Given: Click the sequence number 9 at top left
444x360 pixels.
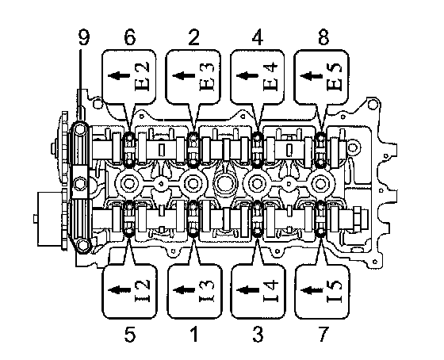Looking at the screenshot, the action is tap(83, 38).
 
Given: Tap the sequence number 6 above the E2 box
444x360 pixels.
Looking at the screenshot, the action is tap(130, 38).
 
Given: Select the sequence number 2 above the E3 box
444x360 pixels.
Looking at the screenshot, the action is tap(193, 38).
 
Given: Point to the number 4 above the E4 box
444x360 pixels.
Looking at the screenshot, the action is tap(258, 38).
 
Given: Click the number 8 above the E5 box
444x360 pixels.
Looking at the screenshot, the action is tap(323, 38).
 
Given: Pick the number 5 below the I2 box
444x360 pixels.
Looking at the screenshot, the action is tap(130, 335).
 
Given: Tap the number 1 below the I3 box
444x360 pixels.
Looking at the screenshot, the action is tap(194, 335).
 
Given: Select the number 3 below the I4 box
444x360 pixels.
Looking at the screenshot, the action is tap(258, 335).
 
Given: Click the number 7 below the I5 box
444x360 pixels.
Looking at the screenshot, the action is tap(323, 335).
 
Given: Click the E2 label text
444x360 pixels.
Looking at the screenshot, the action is tap(143, 76).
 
